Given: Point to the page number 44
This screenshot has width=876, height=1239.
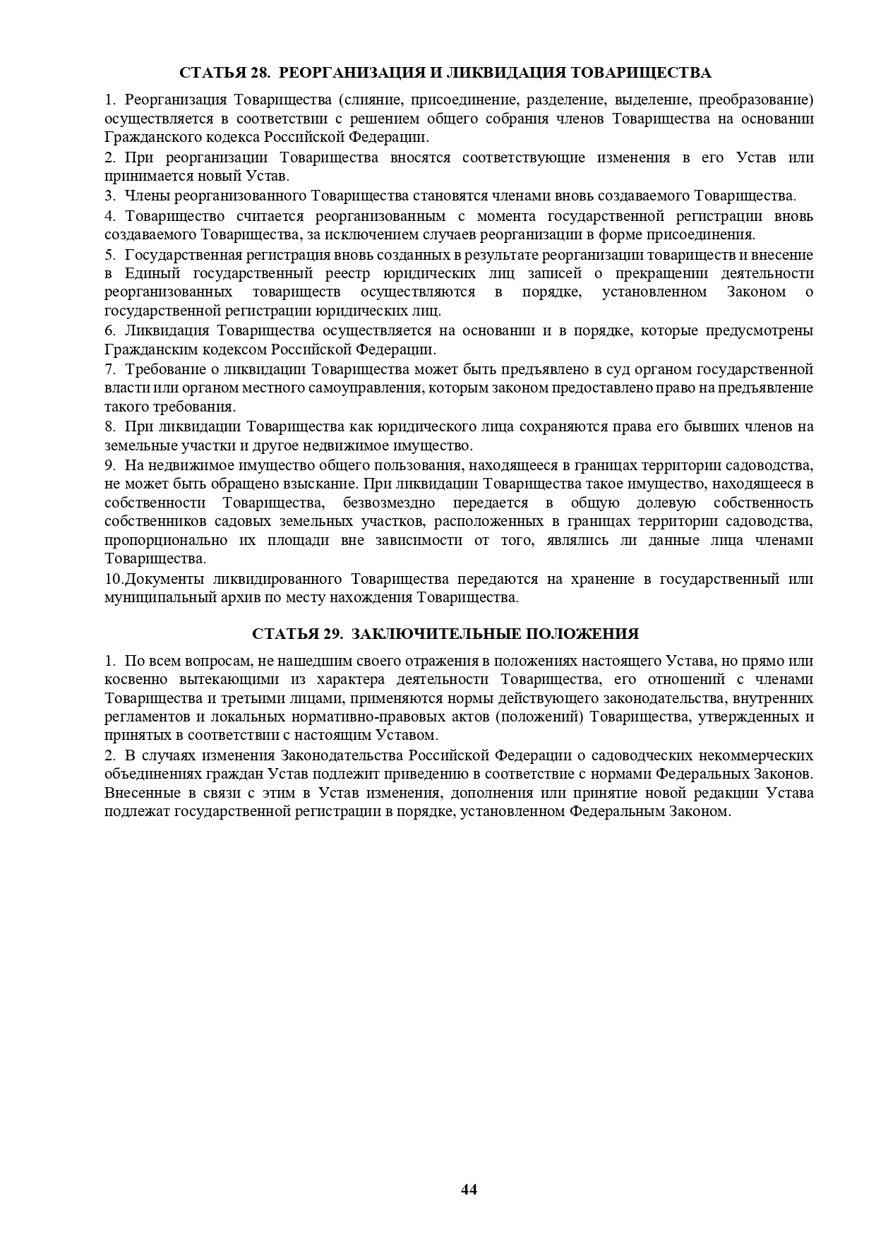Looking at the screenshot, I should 469,1190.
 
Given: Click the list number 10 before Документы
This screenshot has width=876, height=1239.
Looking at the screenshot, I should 112,580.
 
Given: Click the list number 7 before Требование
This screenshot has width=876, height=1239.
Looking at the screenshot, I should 109,369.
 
